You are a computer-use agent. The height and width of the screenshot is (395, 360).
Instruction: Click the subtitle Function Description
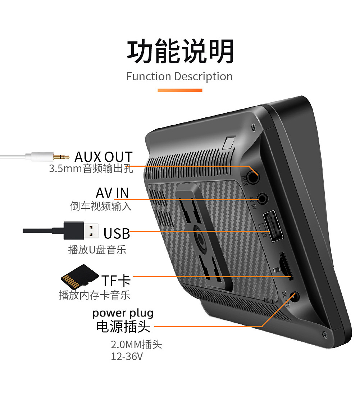tap(179, 77)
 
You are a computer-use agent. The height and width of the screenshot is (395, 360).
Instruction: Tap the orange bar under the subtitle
tap(180, 90)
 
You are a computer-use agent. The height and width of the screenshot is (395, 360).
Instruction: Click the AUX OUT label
tap(104, 157)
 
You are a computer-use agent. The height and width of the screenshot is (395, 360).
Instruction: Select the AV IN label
tap(112, 193)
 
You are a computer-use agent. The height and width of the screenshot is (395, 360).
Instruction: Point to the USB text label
tap(117, 233)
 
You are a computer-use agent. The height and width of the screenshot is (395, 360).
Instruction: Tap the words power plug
tap(123, 313)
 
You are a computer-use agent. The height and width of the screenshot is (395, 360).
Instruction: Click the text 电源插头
tap(123, 327)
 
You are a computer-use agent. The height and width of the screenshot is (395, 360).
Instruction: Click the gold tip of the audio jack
tap(61, 157)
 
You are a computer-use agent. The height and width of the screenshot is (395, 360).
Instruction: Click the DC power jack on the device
tap(295, 297)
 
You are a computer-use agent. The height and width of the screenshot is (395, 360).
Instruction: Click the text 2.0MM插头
tap(136, 344)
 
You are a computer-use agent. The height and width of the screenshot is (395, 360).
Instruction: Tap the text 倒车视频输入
tap(101, 206)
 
